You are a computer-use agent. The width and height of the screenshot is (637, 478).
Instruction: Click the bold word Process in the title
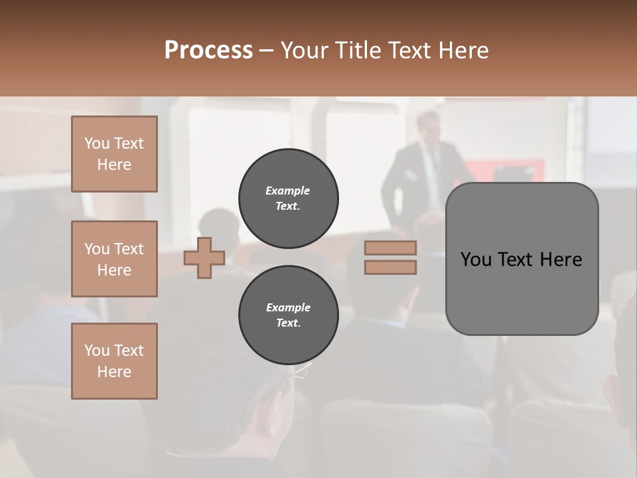click(208, 50)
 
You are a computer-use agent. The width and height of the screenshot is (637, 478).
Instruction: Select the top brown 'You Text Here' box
click(114, 154)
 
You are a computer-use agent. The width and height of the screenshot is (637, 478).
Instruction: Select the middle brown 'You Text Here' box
click(114, 259)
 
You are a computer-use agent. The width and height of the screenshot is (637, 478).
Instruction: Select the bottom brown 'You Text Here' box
click(114, 361)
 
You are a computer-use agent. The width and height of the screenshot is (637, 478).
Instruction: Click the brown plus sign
click(204, 258)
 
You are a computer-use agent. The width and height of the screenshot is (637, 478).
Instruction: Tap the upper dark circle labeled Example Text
click(288, 199)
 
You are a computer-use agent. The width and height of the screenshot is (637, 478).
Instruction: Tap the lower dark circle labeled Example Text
click(288, 315)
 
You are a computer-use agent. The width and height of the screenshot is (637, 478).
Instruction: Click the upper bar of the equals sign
click(390, 248)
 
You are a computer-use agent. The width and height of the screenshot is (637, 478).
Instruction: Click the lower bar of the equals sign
click(390, 267)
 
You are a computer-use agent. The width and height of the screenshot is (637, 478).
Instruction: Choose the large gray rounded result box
click(522, 259)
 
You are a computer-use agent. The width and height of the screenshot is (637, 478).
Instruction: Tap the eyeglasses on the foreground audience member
click(302, 372)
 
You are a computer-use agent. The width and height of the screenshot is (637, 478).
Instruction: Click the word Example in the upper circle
click(288, 191)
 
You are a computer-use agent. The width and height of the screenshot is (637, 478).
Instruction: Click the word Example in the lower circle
click(288, 307)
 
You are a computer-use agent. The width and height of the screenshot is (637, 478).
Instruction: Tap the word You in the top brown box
click(96, 143)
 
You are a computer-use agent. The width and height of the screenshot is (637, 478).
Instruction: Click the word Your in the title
click(306, 50)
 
